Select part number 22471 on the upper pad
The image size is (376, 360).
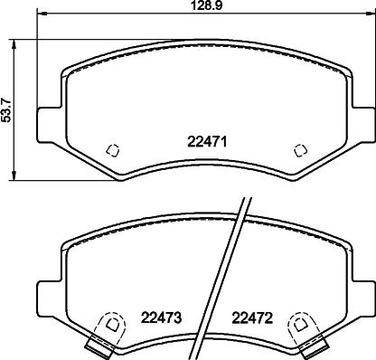(205, 141)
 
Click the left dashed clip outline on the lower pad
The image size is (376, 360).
(110, 323)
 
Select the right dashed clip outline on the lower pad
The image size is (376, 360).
(298, 323)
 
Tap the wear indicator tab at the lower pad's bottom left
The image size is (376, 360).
(96, 345)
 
